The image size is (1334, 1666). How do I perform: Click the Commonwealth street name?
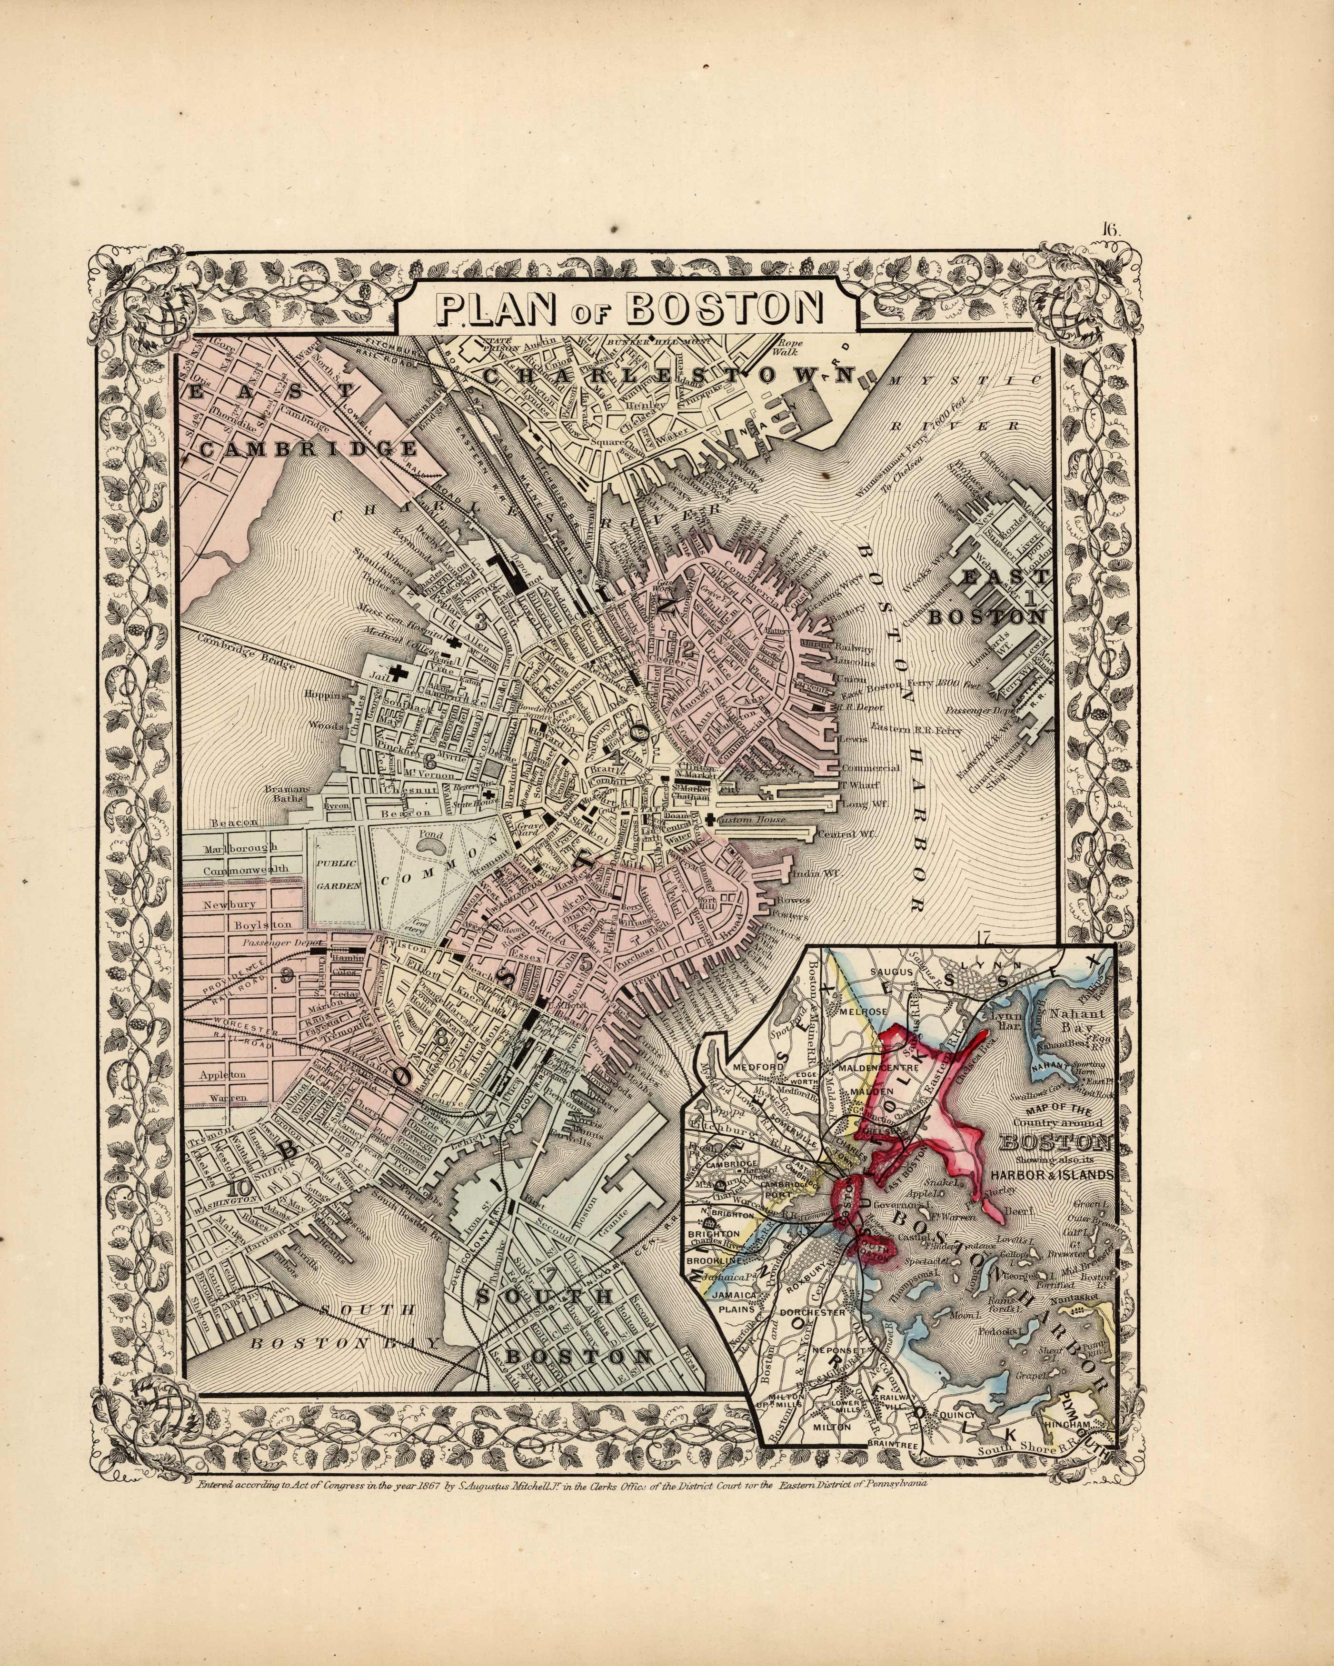pyautogui.click(x=246, y=869)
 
